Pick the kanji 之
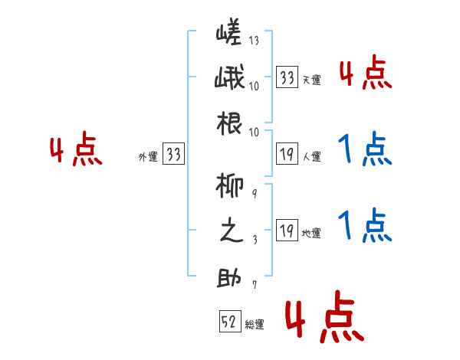(x=228, y=232)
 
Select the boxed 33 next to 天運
(x=287, y=77)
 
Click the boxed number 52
(x=228, y=322)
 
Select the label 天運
(x=311, y=80)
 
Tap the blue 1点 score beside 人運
(x=365, y=150)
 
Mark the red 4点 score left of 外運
(x=76, y=150)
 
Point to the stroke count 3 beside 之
(x=254, y=239)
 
